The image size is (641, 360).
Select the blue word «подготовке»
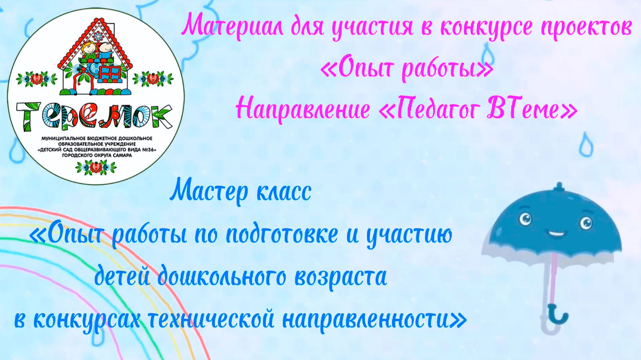click(x=282, y=234)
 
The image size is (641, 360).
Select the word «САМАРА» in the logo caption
click(x=122, y=155)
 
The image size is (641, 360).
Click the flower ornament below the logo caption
click(x=95, y=167)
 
